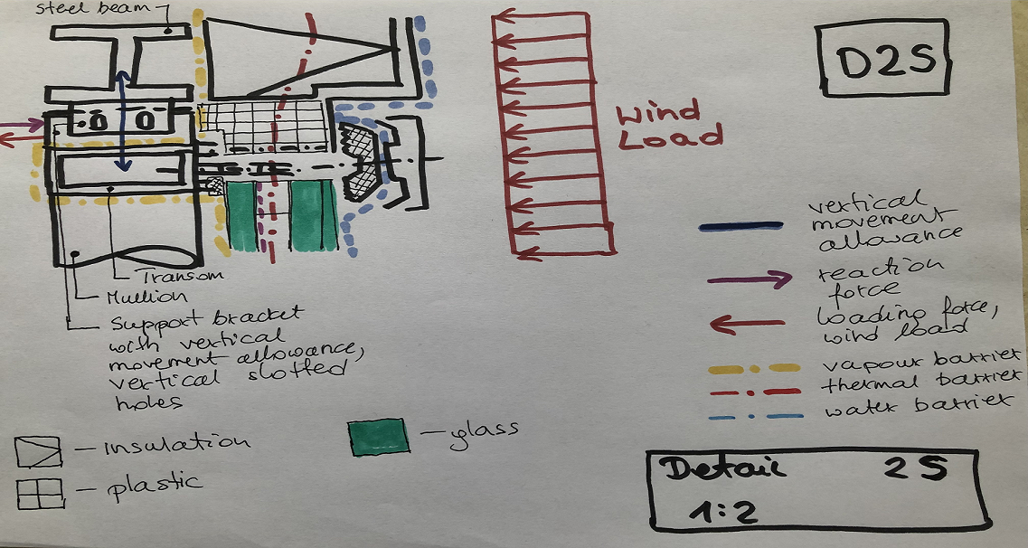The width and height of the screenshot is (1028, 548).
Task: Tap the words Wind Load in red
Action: (x=669, y=126)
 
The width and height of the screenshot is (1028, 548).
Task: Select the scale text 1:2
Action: (x=723, y=512)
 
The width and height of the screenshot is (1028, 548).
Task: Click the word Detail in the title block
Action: (x=721, y=468)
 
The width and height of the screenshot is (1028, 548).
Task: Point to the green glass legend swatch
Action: (x=379, y=437)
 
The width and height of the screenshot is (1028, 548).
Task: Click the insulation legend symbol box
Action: (x=39, y=452)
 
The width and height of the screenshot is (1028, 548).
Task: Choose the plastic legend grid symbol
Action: (x=40, y=494)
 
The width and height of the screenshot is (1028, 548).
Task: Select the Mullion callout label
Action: (x=146, y=297)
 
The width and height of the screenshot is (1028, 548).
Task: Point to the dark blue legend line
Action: (x=740, y=226)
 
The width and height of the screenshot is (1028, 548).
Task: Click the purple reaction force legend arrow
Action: (x=750, y=280)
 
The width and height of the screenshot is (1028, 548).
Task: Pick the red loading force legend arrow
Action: (x=748, y=323)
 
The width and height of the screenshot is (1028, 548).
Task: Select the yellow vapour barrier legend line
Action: (x=754, y=368)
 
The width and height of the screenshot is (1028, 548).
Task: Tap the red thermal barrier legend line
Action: (x=755, y=392)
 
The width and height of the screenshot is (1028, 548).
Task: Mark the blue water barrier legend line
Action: (x=756, y=416)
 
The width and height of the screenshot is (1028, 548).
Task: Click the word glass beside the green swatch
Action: (x=484, y=434)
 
